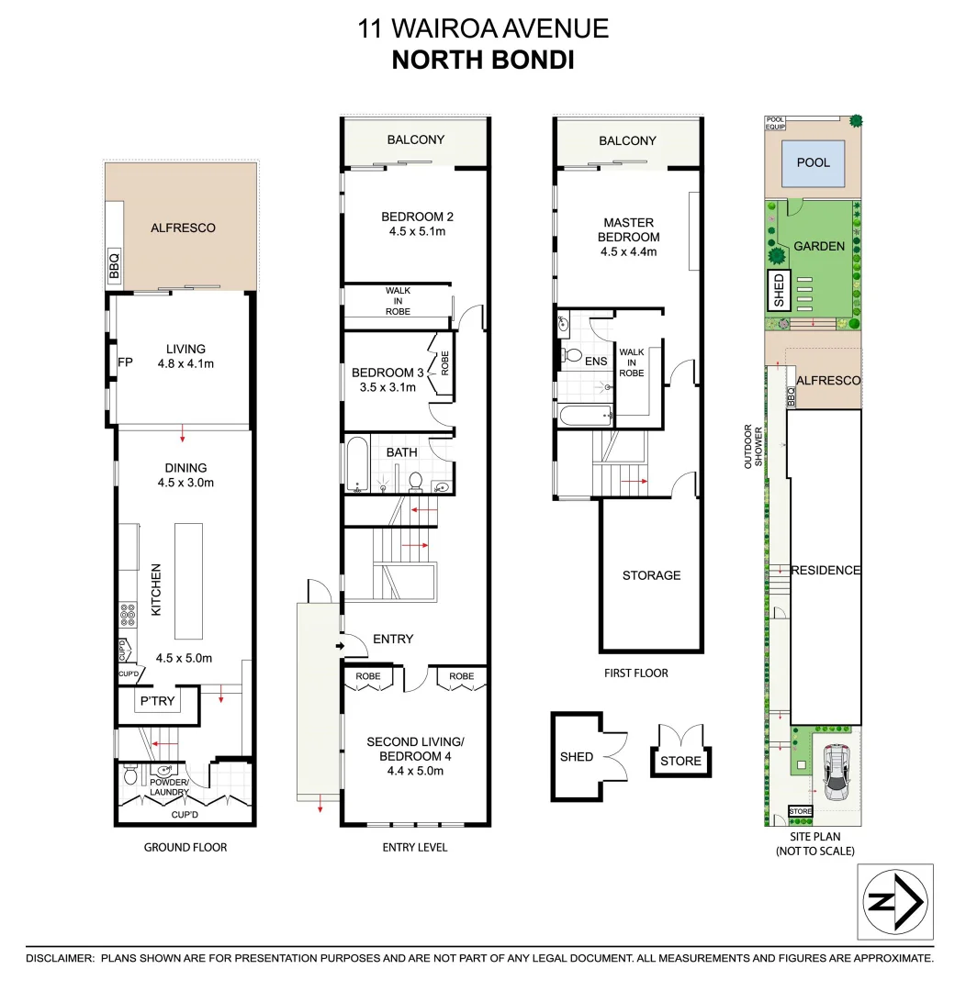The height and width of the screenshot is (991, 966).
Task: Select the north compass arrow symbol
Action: click(895, 902)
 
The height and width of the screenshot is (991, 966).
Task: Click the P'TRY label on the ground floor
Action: click(156, 702)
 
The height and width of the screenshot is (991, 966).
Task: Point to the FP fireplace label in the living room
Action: click(126, 362)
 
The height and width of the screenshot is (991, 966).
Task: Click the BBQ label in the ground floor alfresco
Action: click(115, 265)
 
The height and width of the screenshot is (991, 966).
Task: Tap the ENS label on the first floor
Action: click(596, 361)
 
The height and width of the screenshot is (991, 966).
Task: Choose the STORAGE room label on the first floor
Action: click(651, 575)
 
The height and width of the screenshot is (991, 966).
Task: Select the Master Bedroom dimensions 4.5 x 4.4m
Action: click(629, 251)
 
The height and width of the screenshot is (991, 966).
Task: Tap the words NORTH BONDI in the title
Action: click(482, 61)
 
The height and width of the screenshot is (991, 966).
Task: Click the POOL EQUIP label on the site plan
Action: click(776, 123)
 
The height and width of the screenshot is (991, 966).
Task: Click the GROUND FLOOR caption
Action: click(185, 847)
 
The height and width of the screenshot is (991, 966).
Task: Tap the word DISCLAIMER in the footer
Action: click(59, 958)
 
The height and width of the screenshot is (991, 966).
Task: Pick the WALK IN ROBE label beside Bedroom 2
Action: click(398, 301)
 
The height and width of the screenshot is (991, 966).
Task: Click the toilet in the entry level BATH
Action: click(415, 480)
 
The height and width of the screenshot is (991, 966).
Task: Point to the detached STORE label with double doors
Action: click(680, 761)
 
